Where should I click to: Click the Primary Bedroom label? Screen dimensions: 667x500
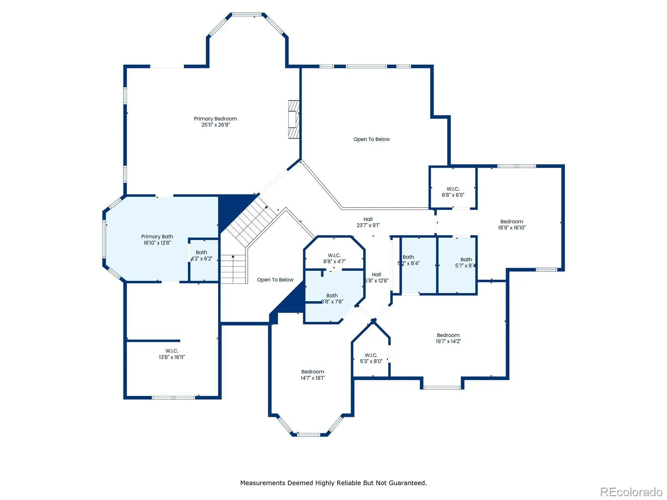pyautogui.click(x=215, y=119)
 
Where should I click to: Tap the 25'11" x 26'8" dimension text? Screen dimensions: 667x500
pyautogui.click(x=215, y=125)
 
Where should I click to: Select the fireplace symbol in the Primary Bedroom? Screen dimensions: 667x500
pyautogui.click(x=293, y=119)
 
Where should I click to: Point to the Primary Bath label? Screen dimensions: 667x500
pyautogui.click(x=157, y=237)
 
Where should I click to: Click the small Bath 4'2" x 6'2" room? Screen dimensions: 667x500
pyautogui.click(x=203, y=260)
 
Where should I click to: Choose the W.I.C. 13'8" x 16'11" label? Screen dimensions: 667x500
pyautogui.click(x=172, y=354)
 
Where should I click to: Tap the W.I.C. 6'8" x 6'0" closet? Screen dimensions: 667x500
pyautogui.click(x=452, y=187)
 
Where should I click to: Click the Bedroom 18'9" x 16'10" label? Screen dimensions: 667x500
pyautogui.click(x=512, y=225)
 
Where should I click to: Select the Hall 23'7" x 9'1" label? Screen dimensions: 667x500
pyautogui.click(x=368, y=222)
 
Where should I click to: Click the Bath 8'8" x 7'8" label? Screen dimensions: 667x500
pyautogui.click(x=332, y=298)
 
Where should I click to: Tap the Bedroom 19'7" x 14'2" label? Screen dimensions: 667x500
pyautogui.click(x=448, y=338)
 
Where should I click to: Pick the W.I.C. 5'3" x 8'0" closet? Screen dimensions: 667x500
pyautogui.click(x=371, y=352)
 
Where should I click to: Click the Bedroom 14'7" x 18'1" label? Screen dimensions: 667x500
pyautogui.click(x=312, y=375)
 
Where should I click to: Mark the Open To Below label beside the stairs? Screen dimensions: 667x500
pyautogui.click(x=275, y=280)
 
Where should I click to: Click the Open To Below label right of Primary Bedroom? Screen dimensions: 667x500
pyautogui.click(x=371, y=139)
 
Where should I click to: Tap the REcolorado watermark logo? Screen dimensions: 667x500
pyautogui.click(x=631, y=492)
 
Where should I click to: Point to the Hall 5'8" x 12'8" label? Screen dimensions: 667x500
pyautogui.click(x=376, y=277)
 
